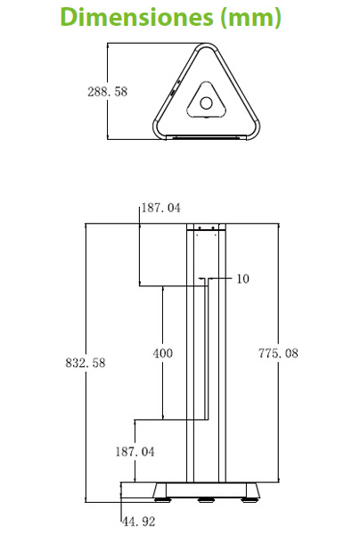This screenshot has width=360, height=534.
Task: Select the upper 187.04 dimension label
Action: pos(162,208)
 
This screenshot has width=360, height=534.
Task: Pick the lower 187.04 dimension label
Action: pos(135,452)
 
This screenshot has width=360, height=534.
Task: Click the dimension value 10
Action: pos(243,279)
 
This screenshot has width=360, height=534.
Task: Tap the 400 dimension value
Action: pos(163,354)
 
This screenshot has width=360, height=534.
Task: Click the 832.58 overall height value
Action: pos(86,363)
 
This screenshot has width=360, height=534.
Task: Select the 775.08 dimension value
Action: pos(278,354)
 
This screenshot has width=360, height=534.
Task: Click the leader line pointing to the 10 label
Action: pos(222,279)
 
